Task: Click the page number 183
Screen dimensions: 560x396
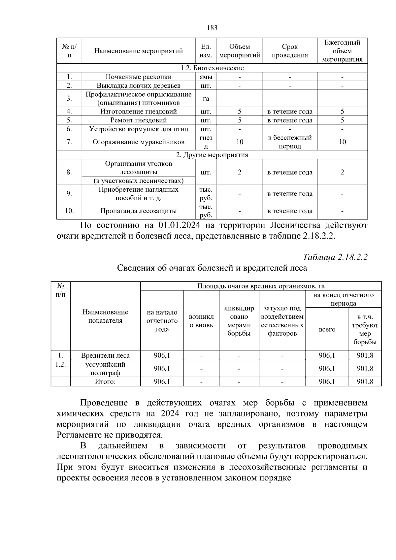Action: (212, 28)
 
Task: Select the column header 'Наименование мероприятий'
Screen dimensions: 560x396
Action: (138, 51)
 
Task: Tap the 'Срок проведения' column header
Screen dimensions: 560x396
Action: (290, 51)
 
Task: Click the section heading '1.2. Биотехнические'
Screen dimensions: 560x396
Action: (212, 68)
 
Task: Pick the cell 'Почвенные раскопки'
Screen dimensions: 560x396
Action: (138, 77)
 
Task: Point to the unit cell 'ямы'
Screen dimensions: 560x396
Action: (206, 77)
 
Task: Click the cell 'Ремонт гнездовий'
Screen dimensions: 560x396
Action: (138, 120)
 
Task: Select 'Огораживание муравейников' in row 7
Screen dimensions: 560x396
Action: (138, 142)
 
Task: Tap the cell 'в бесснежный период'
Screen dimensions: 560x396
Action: (290, 142)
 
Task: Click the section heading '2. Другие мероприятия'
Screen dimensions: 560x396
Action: (212, 155)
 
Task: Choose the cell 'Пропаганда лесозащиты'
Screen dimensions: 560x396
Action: (138, 211)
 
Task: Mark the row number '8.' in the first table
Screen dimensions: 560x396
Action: (69, 172)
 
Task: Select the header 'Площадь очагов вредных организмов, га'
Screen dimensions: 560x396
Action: (261, 286)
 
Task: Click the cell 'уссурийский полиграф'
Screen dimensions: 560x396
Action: (105, 369)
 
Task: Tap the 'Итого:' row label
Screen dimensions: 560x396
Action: (105, 382)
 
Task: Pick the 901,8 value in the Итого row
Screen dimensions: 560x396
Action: (365, 382)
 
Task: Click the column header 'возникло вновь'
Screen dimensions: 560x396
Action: (201, 321)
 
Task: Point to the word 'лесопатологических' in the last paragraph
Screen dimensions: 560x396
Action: (102, 457)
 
